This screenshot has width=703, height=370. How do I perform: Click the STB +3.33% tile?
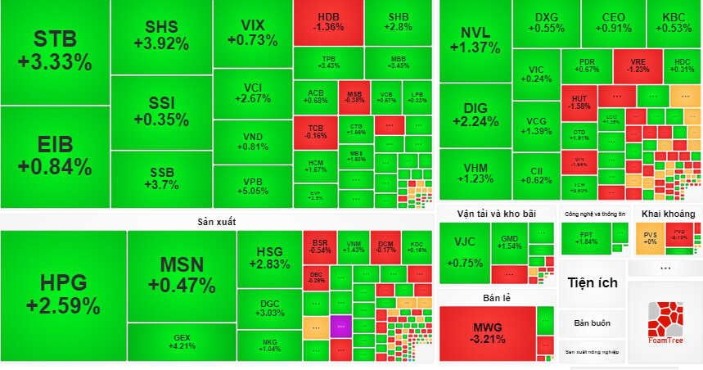[54, 51]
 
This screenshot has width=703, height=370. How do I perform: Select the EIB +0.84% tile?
[54, 156]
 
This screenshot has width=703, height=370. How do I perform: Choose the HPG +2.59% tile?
[63, 296]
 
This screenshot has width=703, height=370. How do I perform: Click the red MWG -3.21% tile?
[487, 333]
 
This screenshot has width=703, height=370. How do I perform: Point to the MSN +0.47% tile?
[182, 275]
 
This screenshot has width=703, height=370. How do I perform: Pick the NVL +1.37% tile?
[480, 40]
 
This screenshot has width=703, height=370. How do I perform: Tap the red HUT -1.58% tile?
[579, 102]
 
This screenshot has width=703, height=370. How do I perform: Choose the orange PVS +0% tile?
[651, 237]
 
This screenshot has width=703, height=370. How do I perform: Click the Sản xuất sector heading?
[216, 222]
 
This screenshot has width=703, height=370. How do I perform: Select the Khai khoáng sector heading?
[668, 214]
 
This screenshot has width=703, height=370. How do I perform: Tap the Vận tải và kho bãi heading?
[496, 214]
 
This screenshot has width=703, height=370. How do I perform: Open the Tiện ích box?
[593, 283]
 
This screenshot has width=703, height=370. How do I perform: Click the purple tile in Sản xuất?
[341, 325]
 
